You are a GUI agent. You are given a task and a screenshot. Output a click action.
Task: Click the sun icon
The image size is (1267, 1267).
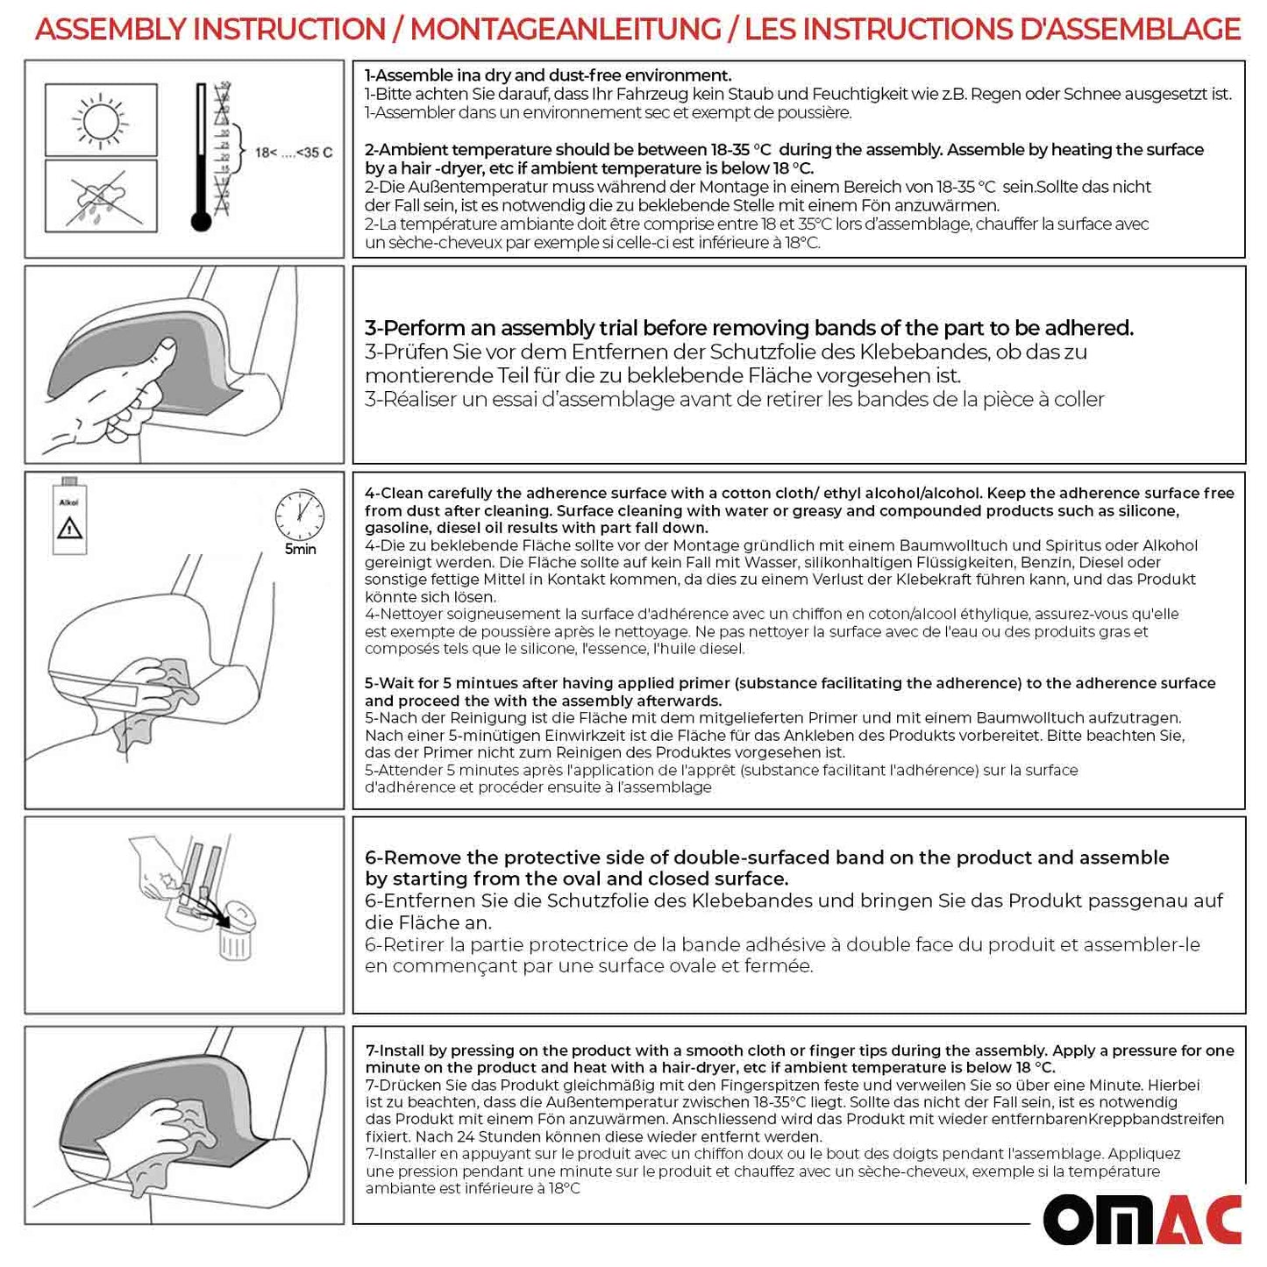(101, 119)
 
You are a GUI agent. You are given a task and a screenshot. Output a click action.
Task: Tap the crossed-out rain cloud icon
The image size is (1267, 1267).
(101, 196)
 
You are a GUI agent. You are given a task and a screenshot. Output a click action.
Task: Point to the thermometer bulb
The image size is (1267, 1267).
(201, 221)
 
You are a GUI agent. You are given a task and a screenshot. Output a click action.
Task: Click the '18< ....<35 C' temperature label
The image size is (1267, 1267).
(294, 153)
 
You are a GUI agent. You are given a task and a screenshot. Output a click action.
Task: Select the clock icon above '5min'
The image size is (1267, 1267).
(300, 516)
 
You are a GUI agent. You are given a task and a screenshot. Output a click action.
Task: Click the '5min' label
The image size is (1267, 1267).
(300, 550)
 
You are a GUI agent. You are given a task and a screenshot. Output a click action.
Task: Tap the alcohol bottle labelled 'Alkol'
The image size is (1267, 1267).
(69, 517)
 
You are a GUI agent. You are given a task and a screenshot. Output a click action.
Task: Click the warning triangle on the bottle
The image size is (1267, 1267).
(69, 528)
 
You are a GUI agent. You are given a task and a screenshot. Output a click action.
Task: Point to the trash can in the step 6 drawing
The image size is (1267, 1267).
(234, 943)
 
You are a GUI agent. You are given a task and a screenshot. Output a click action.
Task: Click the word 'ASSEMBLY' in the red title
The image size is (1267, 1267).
(111, 29)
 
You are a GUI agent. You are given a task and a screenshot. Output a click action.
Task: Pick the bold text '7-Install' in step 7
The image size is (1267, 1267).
(400, 1050)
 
